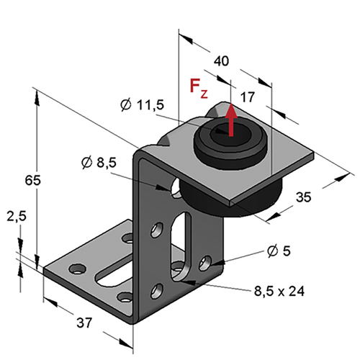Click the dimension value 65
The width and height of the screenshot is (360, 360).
[x=33, y=180]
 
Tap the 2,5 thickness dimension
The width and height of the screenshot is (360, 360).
[x=17, y=217]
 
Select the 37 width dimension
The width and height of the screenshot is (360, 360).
[x=84, y=323]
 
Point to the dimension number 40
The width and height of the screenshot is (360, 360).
[x=221, y=61]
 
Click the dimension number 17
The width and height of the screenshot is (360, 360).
[x=247, y=97]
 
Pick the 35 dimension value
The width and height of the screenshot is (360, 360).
[x=303, y=197]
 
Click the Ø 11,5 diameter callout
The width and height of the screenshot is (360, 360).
[x=142, y=105]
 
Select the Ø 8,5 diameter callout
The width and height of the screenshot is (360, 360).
[x=99, y=163]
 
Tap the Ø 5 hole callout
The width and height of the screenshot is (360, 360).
[x=279, y=251]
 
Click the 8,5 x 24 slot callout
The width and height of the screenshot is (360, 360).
[x=279, y=291]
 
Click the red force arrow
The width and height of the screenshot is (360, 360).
[x=230, y=120]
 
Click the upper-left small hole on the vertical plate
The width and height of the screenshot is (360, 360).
[x=157, y=230]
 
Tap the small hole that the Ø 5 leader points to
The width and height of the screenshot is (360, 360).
[x=205, y=264]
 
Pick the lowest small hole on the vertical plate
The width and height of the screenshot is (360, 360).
[x=157, y=291]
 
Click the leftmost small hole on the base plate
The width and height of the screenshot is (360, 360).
[x=77, y=269]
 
